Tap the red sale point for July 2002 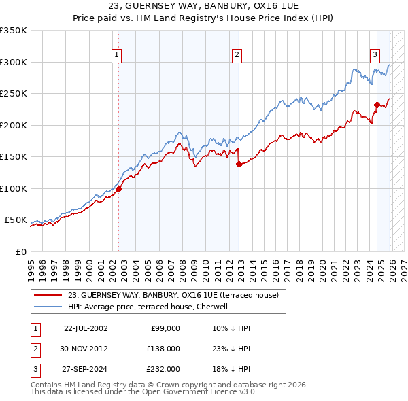click(x=118, y=189)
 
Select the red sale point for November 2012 click(x=239, y=164)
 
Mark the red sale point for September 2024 click(x=377, y=105)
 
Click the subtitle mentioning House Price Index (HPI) click(x=203, y=18)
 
